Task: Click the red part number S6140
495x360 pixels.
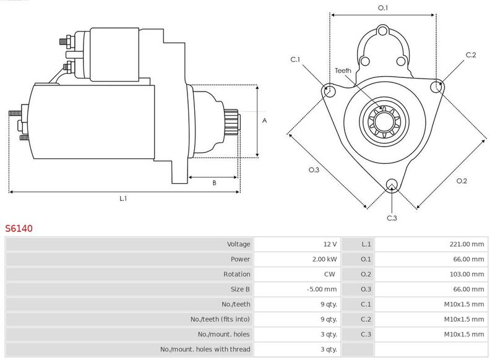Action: pos(19,228)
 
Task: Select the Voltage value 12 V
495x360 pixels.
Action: pos(330,244)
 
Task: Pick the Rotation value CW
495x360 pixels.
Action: pos(331,274)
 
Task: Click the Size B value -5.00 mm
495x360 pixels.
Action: pos(322,289)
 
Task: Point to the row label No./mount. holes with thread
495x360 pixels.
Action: pos(205,349)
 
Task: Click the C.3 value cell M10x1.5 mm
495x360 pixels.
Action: pos(463,335)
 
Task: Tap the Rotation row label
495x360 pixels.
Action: pos(237,274)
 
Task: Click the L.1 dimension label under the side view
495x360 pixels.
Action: pos(123,199)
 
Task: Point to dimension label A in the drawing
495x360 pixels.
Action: pos(264,121)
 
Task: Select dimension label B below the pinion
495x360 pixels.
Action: pos(214,182)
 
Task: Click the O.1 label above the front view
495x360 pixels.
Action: pos(382,7)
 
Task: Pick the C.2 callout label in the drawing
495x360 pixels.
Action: pos(471,55)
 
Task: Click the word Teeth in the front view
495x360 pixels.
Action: pos(343,71)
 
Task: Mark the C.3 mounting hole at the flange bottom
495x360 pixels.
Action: pos(391,185)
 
